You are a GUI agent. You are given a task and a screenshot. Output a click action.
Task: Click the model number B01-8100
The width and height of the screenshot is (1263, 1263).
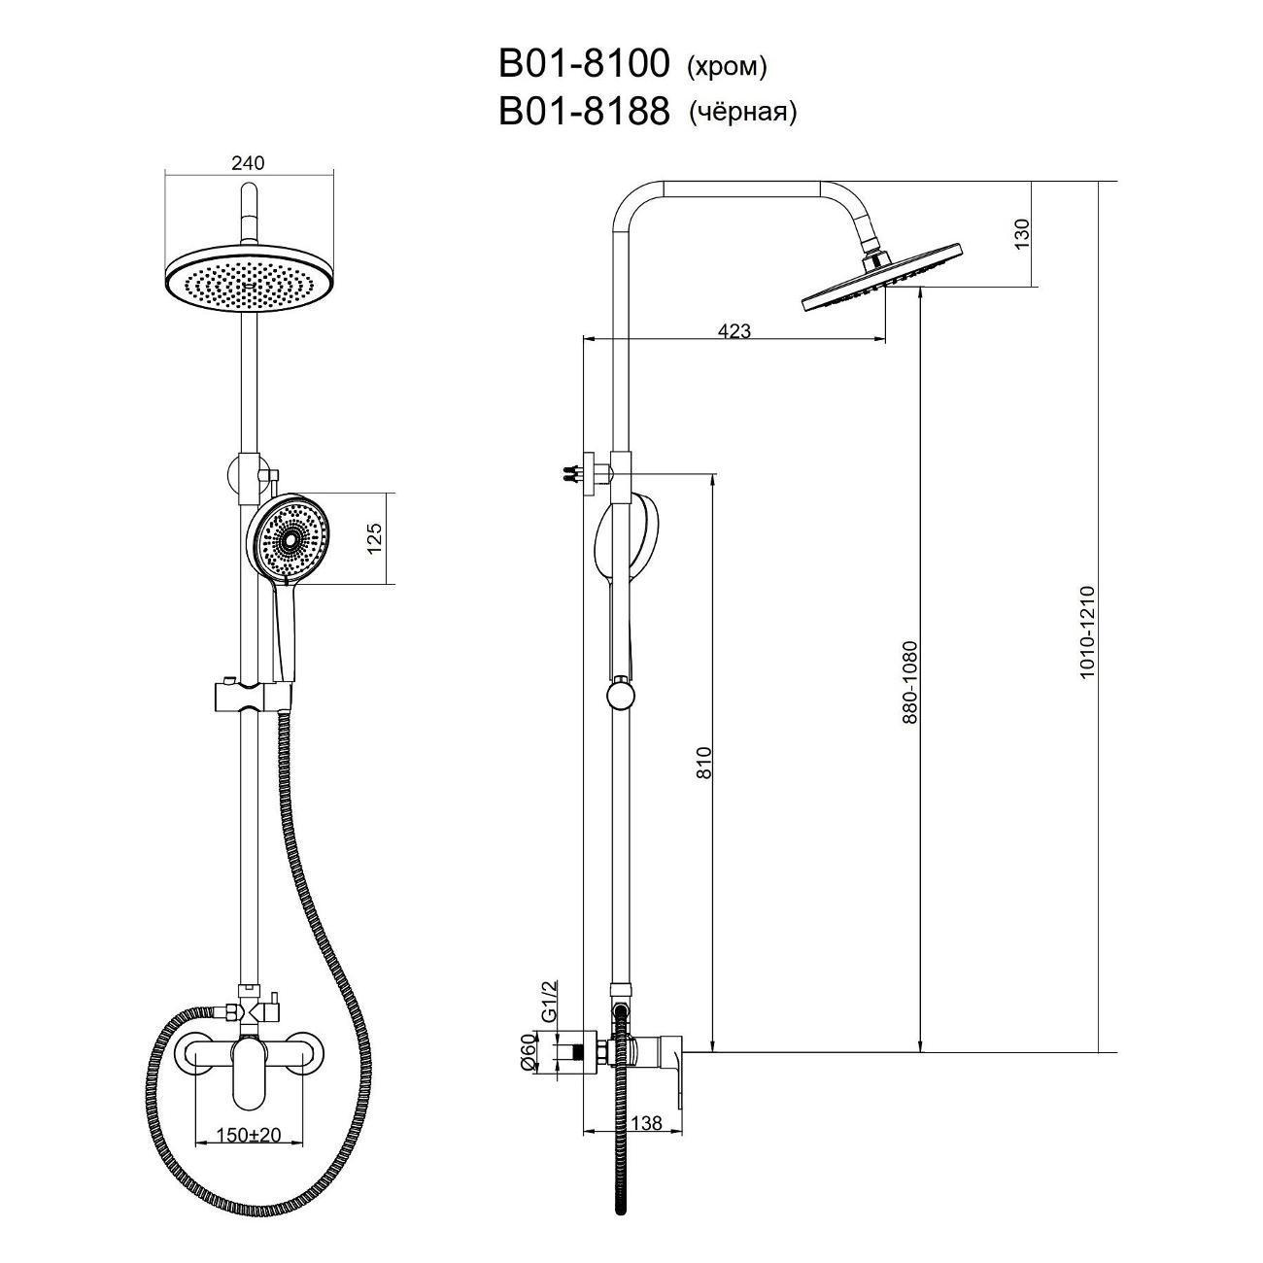pos(584,64)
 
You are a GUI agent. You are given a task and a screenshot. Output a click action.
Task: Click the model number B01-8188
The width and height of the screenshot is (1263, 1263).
pos(584,112)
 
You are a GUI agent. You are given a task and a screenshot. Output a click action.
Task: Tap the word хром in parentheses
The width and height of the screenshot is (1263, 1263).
pos(726,66)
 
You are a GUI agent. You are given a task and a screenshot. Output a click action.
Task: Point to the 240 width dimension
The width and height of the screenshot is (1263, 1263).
pos(248,162)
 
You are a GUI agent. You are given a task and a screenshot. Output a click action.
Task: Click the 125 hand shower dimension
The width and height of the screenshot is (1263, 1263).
pos(374,537)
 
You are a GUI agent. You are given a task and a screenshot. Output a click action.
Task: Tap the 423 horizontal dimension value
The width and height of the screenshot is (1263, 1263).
pos(734,331)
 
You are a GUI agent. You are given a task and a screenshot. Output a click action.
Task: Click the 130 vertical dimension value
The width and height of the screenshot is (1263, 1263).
pos(1022,233)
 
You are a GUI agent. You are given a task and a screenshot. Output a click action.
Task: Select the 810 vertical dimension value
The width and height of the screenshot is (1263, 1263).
pos(703,763)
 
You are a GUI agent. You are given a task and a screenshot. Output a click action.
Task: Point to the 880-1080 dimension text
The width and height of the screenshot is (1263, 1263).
pos(911,682)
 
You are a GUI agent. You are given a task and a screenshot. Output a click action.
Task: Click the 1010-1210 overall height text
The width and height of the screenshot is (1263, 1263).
pos(1086,631)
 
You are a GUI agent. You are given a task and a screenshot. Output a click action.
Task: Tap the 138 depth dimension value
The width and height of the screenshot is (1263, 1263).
pos(646,1122)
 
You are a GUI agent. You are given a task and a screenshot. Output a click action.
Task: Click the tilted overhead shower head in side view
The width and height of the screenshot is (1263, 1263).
pos(881,279)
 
